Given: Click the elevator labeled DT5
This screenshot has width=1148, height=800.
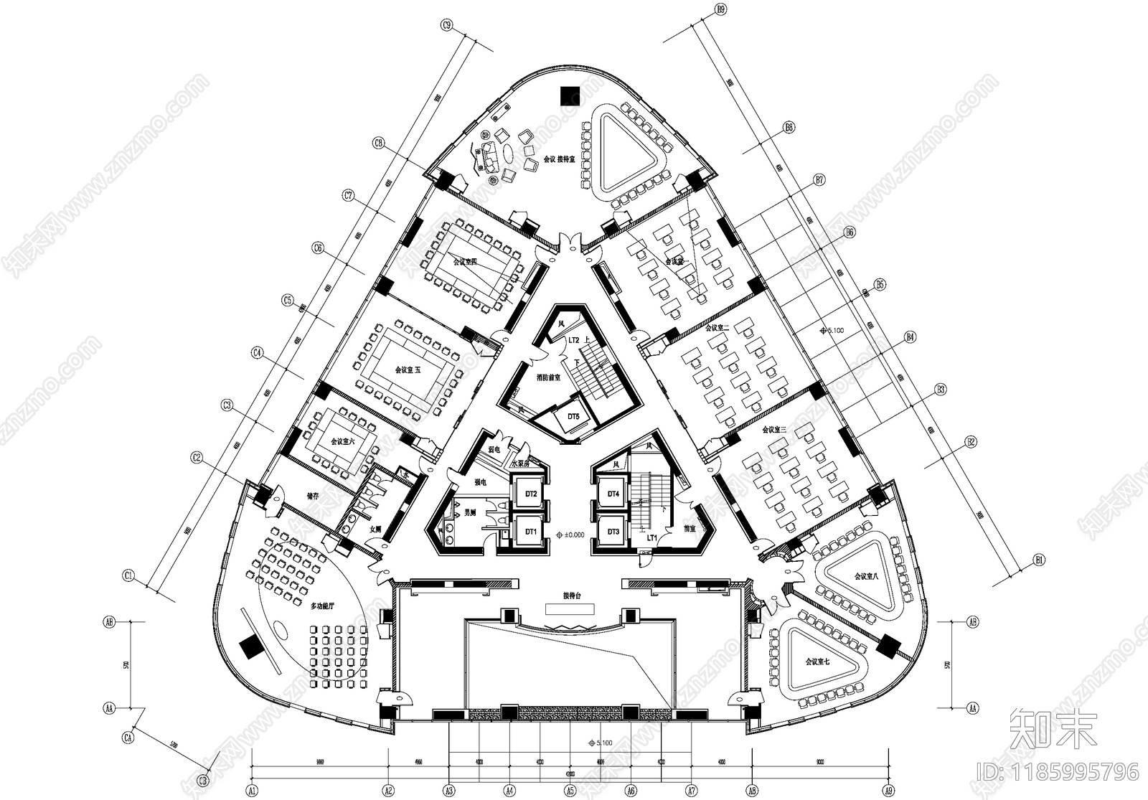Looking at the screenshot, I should (x=573, y=417).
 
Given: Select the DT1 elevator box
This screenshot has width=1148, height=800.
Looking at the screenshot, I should (x=531, y=532).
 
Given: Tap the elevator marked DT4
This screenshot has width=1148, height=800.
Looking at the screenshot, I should (x=613, y=494).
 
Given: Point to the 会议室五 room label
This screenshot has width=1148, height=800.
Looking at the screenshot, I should (x=408, y=370).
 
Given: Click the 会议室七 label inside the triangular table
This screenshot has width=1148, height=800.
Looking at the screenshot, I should (x=817, y=661).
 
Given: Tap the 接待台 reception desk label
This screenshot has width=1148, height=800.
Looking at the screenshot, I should (x=571, y=596).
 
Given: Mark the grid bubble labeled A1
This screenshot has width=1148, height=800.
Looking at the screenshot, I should (x=252, y=789).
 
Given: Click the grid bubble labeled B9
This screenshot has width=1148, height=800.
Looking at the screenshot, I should (x=721, y=9).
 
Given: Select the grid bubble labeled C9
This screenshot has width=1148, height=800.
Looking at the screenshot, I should (x=446, y=26).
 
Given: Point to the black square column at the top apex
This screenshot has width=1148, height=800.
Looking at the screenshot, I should (x=571, y=95).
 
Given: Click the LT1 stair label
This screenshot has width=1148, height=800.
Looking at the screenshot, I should (x=652, y=537).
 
